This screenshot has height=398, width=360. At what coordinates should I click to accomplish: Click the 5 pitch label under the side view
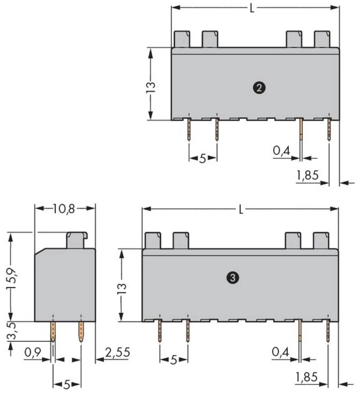click(x=67, y=384)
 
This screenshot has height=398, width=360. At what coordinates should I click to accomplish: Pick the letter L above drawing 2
click(x=252, y=8)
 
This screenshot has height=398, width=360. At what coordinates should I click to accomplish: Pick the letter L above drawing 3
click(x=241, y=210)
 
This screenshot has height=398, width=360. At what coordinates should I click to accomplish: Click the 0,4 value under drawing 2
click(x=281, y=151)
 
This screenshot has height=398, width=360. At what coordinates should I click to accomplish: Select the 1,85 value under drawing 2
click(x=308, y=175)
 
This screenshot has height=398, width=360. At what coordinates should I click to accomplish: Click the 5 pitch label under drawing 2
click(x=202, y=158)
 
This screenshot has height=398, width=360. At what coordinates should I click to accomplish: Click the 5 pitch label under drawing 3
click(x=173, y=360)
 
